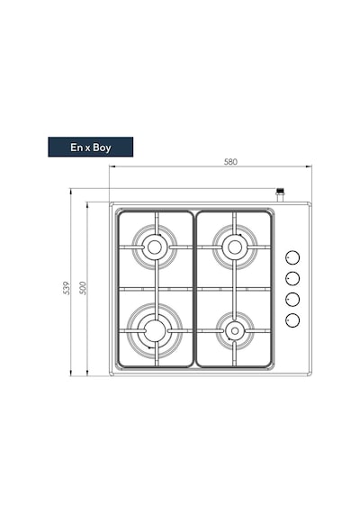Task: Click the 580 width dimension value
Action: pos(230,162)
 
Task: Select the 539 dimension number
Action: pos(67,288)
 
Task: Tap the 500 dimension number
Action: pos(83,288)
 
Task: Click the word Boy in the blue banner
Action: pos(102,148)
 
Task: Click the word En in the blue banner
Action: pos(76,148)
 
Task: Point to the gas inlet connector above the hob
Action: pos(280,195)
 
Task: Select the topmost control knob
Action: pos(292,257)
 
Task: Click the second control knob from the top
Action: pos(292,278)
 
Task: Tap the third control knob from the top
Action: pos(292,299)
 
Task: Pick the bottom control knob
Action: pos(292,319)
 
